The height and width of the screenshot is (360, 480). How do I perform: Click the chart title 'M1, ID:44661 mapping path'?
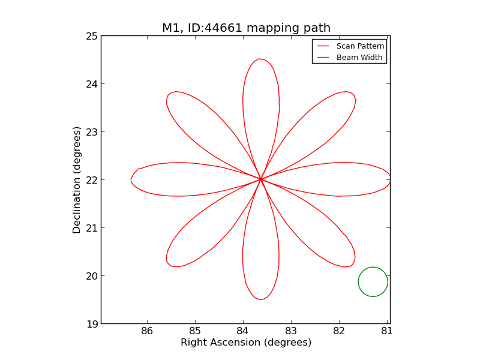click(246, 28)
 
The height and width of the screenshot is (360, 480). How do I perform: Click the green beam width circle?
click(373, 268)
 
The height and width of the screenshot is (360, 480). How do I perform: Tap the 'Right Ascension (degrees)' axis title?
click(246, 343)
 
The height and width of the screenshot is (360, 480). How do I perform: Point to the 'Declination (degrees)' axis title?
click(77, 179)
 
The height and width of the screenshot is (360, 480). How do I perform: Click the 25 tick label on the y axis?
click(91, 36)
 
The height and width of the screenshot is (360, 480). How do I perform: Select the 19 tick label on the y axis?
click(91, 324)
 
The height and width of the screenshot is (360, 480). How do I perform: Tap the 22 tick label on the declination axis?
click(91, 180)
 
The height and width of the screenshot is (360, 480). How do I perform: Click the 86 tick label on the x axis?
click(147, 331)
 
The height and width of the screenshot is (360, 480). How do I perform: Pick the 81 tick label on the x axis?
click(386, 331)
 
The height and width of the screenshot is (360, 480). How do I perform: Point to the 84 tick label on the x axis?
click(242, 331)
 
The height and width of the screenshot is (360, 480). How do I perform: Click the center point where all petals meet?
click(260, 179)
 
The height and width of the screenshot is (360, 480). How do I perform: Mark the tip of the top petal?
click(259, 59)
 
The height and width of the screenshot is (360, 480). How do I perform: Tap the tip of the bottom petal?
click(260, 299)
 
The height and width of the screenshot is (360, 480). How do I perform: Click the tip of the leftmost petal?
click(131, 179)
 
